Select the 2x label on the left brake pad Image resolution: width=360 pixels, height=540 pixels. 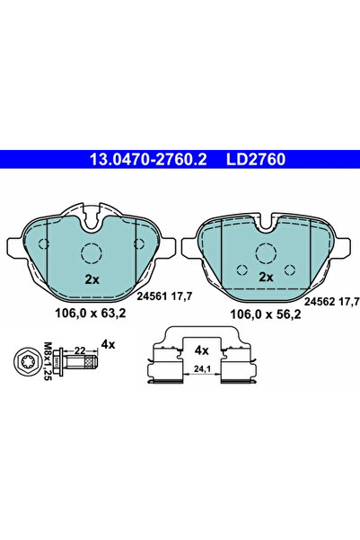click(91, 278)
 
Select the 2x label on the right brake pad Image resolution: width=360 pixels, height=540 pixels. click(265, 278)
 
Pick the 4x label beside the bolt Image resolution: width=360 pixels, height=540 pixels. click(110, 344)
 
